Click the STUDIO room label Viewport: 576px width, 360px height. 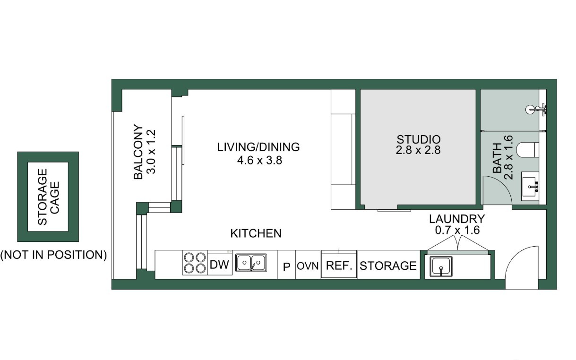[418, 140]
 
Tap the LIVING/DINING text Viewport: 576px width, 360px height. [258, 147]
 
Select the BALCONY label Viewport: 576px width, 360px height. [138, 152]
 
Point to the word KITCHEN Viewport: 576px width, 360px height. [256, 233]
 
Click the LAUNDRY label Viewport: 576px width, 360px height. [457, 219]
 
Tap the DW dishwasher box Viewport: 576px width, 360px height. [220, 264]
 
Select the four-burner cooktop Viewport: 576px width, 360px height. [195, 263]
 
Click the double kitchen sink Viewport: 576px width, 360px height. [251, 263]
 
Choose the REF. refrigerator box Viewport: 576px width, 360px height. [339, 266]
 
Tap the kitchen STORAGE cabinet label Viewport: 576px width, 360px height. [388, 266]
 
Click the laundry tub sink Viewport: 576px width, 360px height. [441, 266]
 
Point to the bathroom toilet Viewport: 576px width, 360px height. [528, 150]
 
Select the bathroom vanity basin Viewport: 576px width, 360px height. [530, 186]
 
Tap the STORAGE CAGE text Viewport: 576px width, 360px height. [48, 197]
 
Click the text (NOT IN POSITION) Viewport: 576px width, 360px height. [53, 255]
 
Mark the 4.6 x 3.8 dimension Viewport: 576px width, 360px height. [259, 160]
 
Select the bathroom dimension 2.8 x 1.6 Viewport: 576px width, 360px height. [508, 157]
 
